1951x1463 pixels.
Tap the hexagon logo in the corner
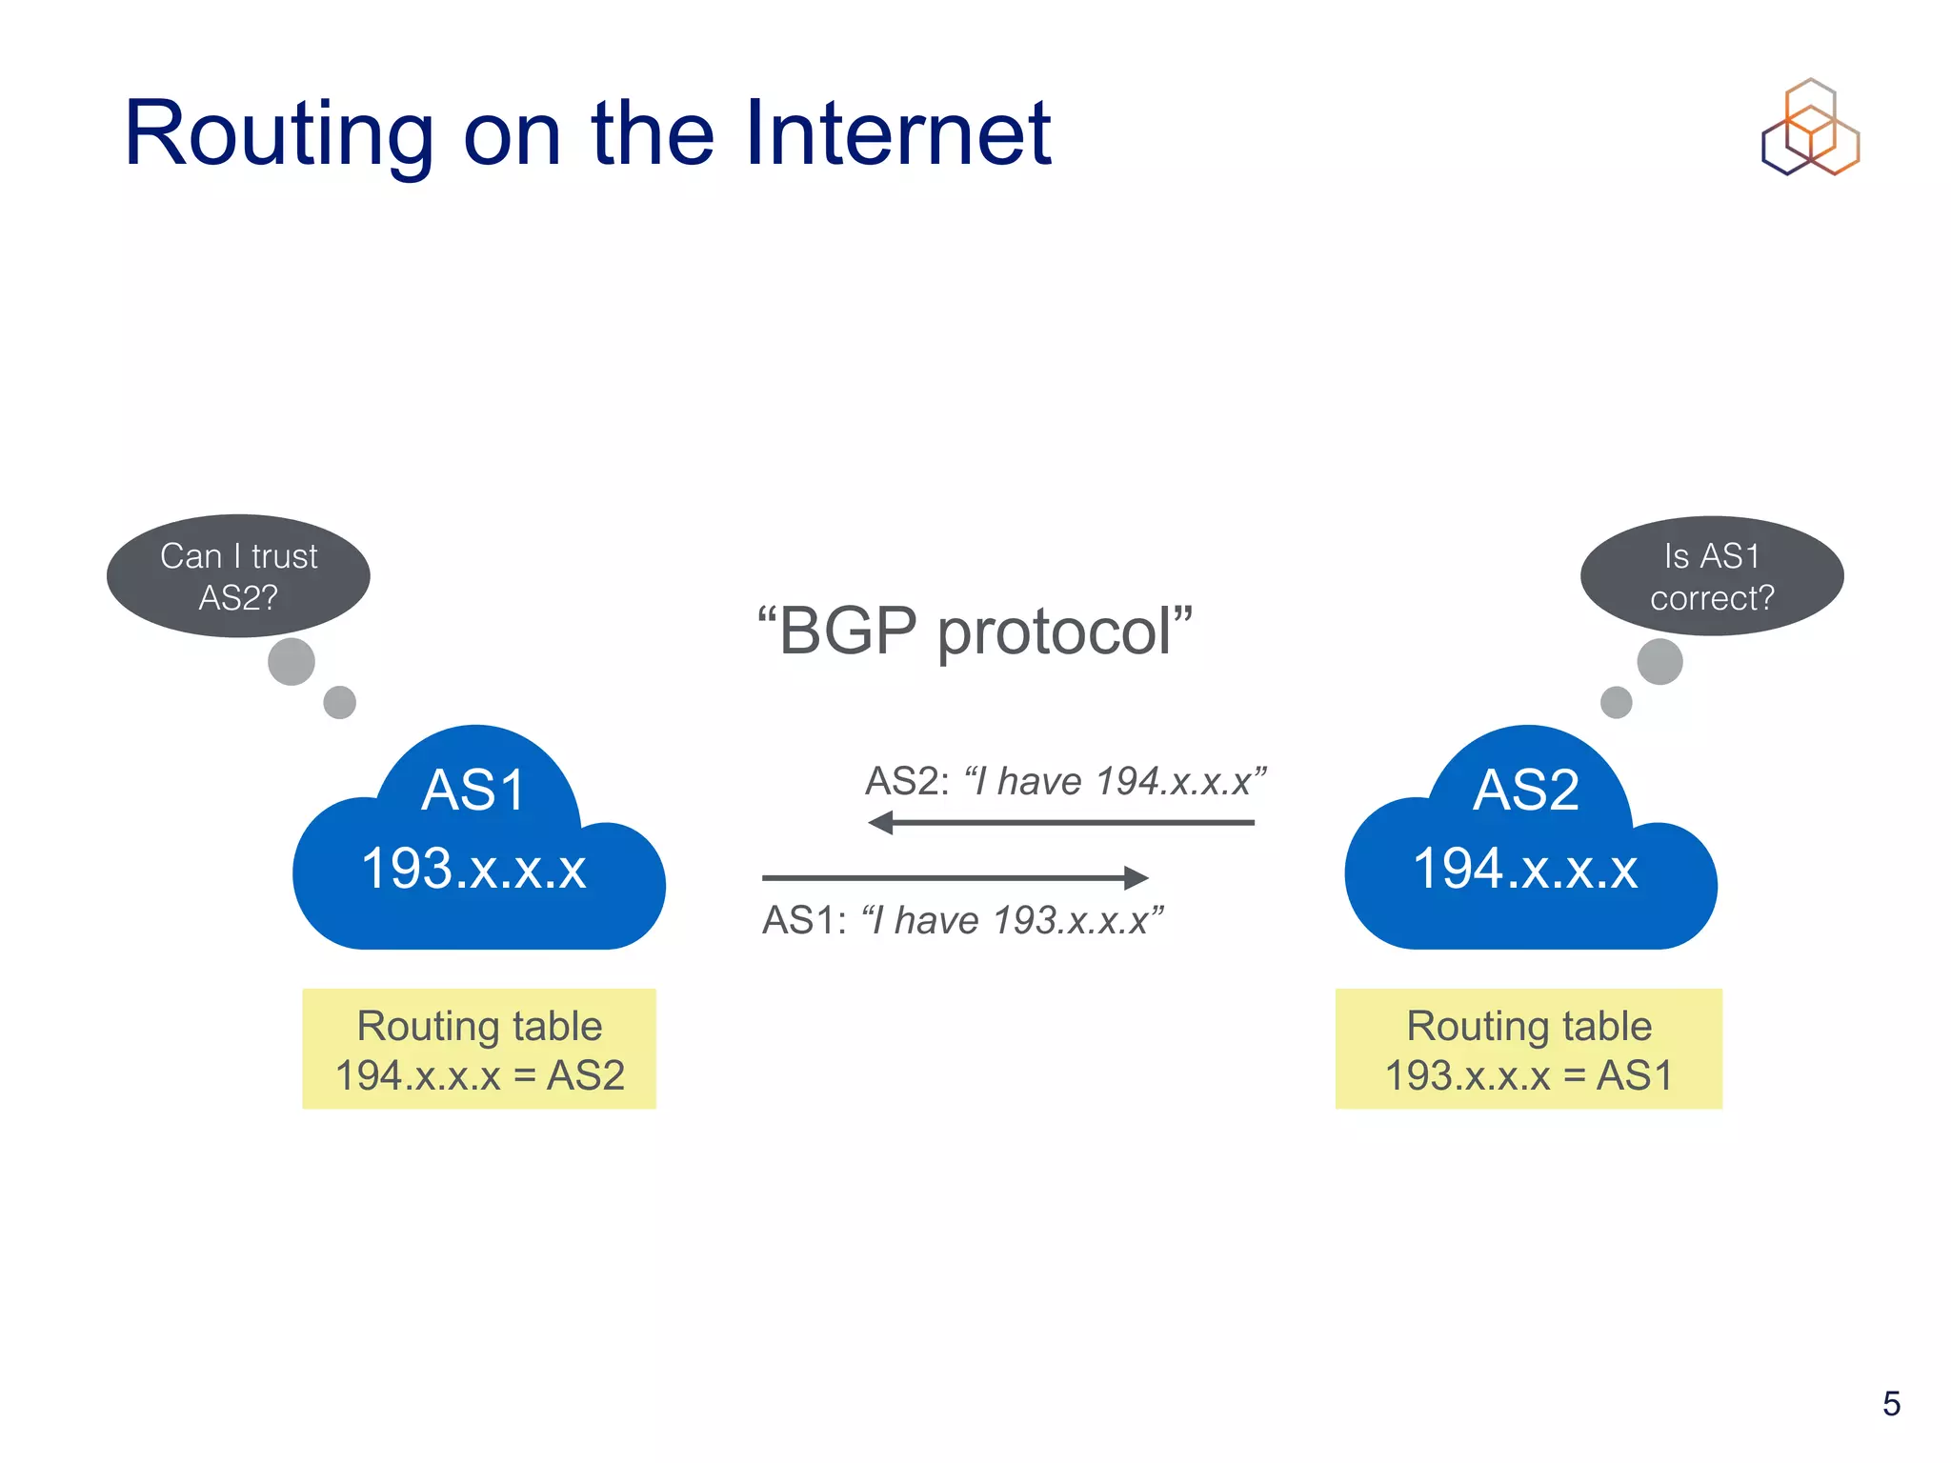click(x=1810, y=128)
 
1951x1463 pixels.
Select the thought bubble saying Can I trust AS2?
click(x=238, y=576)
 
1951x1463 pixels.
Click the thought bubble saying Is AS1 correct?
click(x=1712, y=576)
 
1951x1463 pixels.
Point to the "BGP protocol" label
click(x=975, y=631)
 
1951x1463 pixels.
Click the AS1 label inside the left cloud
click(x=474, y=790)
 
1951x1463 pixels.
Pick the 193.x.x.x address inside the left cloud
click(x=474, y=869)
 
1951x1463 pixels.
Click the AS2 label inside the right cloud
click(x=1526, y=790)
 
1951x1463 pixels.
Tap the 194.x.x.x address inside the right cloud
click(x=1526, y=869)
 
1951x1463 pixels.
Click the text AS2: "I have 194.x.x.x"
click(x=1065, y=781)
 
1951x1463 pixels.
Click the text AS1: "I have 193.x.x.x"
click(x=962, y=920)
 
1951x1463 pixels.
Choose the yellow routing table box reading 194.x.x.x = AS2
click(x=479, y=1049)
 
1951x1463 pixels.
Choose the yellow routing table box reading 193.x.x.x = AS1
click(x=1528, y=1049)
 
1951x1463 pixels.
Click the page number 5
click(x=1891, y=1403)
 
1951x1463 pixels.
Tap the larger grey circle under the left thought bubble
click(x=292, y=661)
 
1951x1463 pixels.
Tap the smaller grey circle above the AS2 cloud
click(x=1617, y=702)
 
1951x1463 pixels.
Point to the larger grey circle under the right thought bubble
click(x=1659, y=661)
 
